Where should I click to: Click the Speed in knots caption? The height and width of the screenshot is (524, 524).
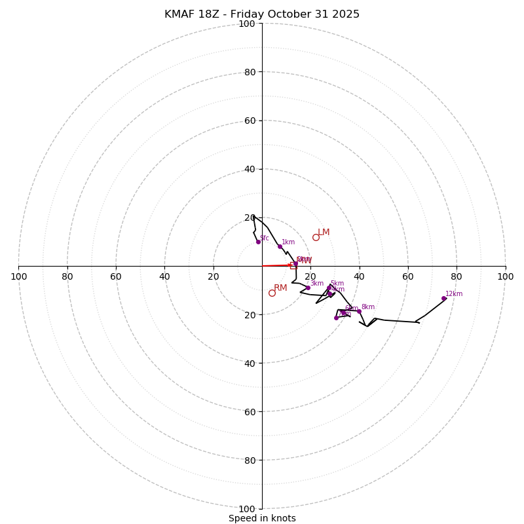point(262,518)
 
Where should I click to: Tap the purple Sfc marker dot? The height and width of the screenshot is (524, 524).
point(258,242)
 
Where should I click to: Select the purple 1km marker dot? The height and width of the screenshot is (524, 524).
point(280,246)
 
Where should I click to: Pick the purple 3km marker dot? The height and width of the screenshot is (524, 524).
point(308,288)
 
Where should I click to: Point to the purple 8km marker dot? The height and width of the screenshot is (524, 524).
point(359,311)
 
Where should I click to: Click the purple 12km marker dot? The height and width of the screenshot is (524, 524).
point(443,299)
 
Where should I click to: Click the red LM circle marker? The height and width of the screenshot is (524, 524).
point(316,237)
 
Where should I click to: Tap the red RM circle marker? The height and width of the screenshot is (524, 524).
point(272,293)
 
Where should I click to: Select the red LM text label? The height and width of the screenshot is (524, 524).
point(324,233)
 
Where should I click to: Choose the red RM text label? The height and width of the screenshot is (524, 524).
point(280,288)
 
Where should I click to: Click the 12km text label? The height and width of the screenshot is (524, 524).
point(454,294)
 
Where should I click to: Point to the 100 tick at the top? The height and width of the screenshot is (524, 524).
point(247,24)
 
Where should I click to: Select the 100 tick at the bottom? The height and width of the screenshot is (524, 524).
point(247,508)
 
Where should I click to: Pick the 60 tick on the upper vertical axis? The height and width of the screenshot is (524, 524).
point(250,121)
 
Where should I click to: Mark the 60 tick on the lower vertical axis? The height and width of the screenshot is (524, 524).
point(250,411)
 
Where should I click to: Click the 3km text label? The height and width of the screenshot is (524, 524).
point(317,284)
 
